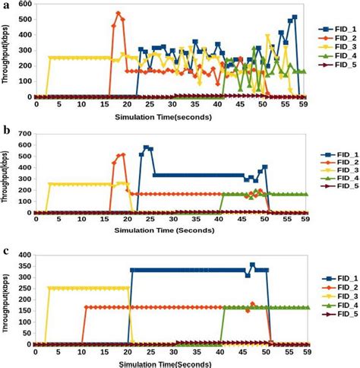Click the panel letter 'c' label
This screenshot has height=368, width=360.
point(6,252)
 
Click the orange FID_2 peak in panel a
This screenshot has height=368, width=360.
point(118,13)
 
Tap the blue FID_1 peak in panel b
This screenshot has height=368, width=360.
point(146,148)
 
